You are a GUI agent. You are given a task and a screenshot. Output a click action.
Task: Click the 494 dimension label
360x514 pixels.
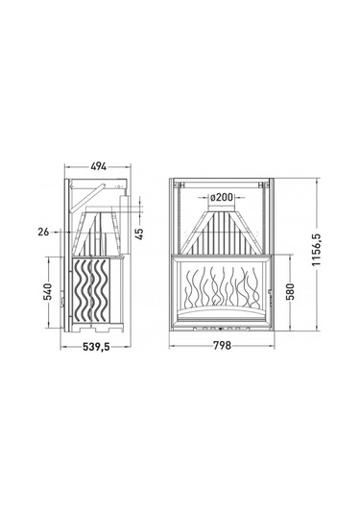(99, 167)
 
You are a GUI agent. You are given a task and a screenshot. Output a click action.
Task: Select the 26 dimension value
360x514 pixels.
(43, 233)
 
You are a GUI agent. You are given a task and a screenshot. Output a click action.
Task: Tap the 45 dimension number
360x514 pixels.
(139, 234)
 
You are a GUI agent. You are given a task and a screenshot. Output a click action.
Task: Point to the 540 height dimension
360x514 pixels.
(48, 292)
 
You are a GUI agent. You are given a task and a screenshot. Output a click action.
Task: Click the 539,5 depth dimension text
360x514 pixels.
(96, 347)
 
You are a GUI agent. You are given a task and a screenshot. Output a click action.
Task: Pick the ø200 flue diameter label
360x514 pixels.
(222, 197)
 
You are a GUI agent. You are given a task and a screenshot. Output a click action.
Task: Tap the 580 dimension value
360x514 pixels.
(290, 292)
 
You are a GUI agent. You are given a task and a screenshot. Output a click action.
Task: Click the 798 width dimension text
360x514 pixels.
(222, 345)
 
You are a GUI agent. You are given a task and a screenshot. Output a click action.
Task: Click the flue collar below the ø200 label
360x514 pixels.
(222, 208)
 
